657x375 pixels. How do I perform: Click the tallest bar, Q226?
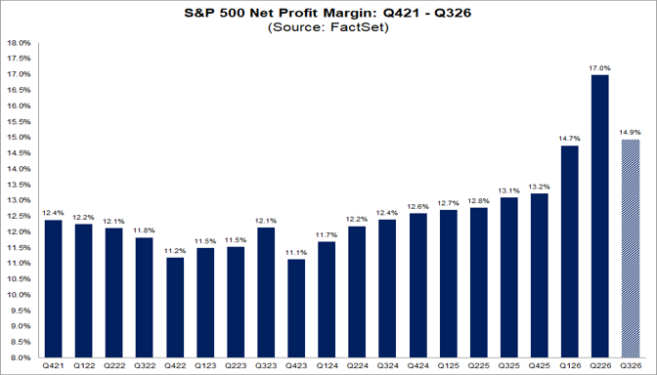599,216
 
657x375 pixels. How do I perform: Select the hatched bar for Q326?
631,249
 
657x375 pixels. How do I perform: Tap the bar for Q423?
296,309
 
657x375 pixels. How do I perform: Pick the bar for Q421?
53,289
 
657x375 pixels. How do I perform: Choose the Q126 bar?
569,252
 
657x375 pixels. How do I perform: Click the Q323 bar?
266,293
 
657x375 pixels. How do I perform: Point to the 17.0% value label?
599,68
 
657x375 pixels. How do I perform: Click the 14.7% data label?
569,139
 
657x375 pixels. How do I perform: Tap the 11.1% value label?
296,253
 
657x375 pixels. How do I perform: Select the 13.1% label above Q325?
508,190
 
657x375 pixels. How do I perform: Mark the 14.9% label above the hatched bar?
631,133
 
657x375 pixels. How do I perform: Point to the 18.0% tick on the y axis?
20,43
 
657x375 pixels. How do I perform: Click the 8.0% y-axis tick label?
21,357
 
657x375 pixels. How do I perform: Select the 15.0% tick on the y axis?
20,138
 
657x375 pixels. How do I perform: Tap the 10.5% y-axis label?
20,279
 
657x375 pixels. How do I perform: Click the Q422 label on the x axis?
175,366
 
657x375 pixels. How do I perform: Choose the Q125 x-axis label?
448,366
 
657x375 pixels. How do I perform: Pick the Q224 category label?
357,366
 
